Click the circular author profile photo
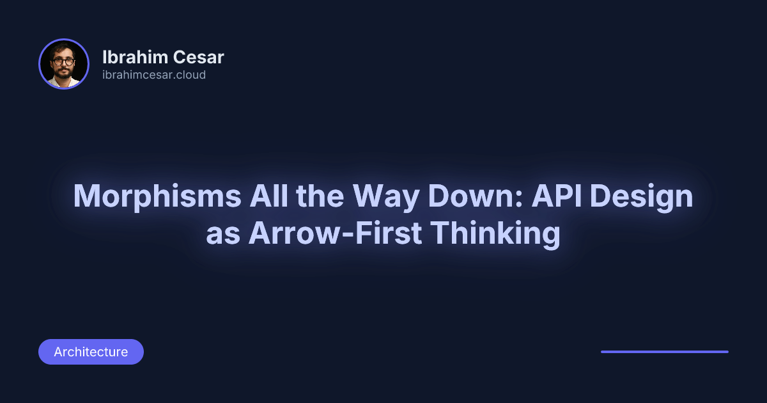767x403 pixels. coord(64,64)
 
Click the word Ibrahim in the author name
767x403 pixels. coord(135,57)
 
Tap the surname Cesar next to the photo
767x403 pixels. coord(198,57)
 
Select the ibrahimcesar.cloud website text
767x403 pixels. coord(154,75)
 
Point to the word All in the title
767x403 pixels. coord(269,196)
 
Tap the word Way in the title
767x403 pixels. coord(386,197)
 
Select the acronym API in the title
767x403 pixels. coord(557,196)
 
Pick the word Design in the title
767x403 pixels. coord(641,197)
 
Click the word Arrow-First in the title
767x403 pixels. coord(335,233)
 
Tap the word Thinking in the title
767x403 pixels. coord(495,234)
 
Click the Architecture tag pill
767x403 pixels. coord(91,352)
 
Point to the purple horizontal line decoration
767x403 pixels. coord(665,352)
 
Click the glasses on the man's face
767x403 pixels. coord(63,62)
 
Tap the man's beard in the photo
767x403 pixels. coord(63,73)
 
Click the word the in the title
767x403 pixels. coord(320,196)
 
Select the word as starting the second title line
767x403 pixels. coord(223,236)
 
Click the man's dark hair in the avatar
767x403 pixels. coord(63,49)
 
